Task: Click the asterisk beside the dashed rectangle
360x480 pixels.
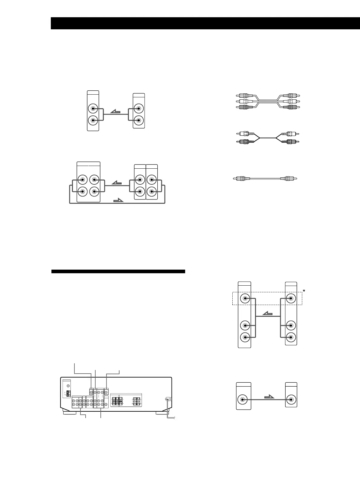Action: (304, 291)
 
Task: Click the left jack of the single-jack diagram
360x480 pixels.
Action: (243, 399)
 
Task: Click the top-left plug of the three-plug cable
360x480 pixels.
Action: (243, 96)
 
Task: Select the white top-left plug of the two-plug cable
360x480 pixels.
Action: (244, 133)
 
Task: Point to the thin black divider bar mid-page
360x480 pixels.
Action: (118, 271)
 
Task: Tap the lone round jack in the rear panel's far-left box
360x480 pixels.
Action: (68, 386)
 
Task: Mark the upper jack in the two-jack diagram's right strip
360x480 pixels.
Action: (139, 109)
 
